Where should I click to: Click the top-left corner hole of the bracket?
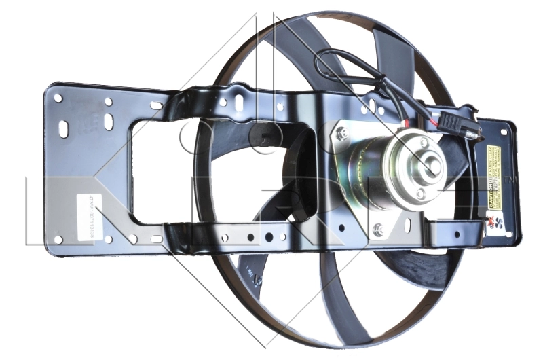tap(58, 98)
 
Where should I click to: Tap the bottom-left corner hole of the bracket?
tap(58, 239)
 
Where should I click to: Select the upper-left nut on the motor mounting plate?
tap(341, 133)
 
